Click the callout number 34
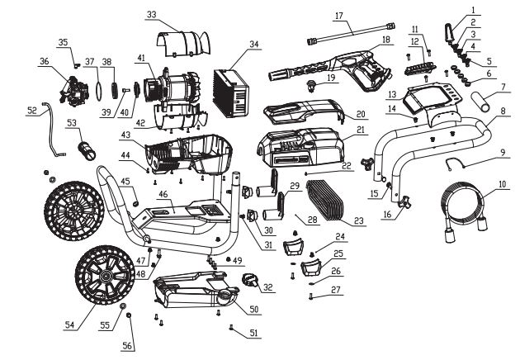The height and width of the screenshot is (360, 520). tap(253, 44)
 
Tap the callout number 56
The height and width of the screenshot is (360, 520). tap(127, 345)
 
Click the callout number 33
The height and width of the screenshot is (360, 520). tap(150, 15)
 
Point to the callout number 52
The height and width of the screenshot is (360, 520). tap(32, 109)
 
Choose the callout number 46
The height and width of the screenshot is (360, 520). tap(163, 195)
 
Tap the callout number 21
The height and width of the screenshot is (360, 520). tap(361, 130)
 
